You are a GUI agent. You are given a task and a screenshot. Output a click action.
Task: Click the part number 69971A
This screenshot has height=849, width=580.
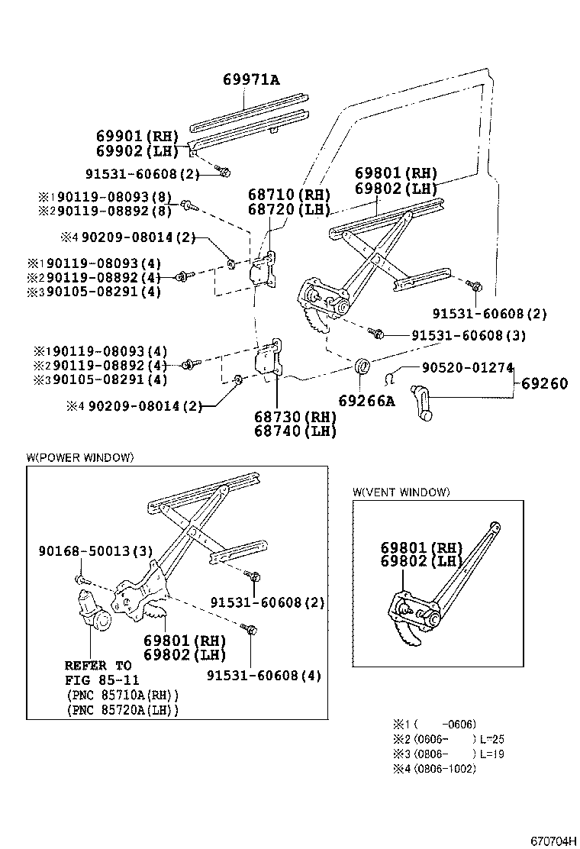251,79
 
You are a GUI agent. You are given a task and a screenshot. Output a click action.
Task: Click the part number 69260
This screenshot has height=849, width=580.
545,383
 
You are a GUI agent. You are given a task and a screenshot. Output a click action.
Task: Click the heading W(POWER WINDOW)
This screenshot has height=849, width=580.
80,457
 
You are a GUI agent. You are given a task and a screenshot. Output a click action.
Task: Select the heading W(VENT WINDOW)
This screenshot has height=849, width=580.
401,492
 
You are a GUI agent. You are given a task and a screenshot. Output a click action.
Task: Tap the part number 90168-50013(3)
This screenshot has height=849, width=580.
95,551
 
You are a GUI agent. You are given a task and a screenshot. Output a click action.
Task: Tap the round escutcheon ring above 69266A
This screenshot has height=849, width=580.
362,364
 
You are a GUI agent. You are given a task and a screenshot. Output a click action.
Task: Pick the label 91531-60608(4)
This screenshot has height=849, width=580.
264,675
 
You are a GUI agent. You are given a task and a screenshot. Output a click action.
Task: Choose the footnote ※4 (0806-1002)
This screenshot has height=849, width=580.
434,768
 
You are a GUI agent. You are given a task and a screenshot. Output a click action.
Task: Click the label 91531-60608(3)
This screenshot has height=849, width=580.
468,335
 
